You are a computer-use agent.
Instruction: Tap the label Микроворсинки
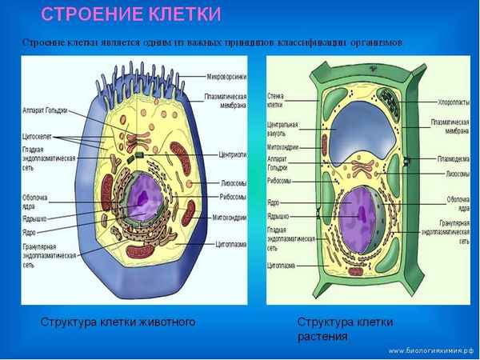pos(227,78)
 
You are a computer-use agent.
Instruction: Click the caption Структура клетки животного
pos(118,322)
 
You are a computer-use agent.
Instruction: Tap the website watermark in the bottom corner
pos(430,350)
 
